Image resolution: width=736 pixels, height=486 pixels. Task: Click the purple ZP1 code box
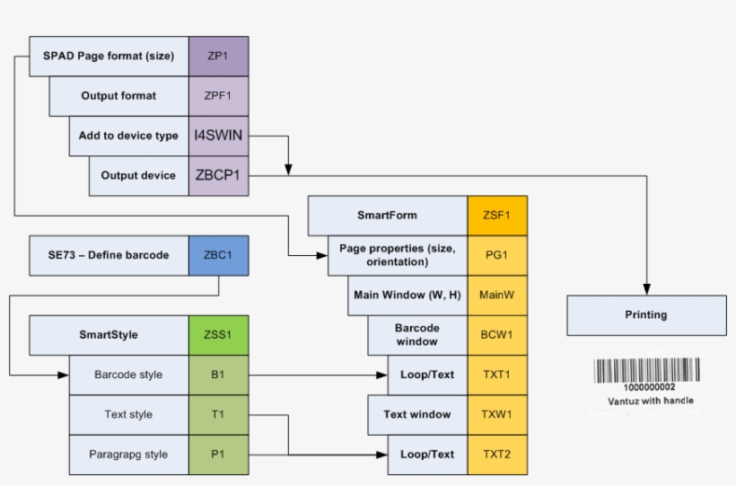(218, 56)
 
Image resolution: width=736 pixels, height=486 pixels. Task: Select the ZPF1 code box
(218, 95)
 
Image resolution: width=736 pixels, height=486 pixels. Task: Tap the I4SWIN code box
(218, 136)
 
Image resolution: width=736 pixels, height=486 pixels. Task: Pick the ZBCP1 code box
(218, 175)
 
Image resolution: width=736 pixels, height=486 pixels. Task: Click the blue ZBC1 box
(218, 255)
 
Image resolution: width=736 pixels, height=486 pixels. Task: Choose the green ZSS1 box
(218, 335)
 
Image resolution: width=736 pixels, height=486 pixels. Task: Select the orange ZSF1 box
(497, 216)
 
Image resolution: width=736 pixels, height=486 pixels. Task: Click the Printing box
(646, 315)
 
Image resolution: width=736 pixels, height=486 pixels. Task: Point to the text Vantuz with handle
(650, 401)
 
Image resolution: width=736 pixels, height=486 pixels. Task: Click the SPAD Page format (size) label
(109, 56)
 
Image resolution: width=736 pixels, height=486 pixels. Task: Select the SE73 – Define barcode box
(109, 255)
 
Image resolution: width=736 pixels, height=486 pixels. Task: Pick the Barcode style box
(128, 375)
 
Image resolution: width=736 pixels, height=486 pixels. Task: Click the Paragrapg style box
(128, 455)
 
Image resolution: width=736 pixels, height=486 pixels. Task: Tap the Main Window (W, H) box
(407, 295)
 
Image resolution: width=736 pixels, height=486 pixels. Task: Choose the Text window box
(417, 415)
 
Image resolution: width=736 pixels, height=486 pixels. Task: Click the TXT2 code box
(497, 455)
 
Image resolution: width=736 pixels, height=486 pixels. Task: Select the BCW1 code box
(497, 335)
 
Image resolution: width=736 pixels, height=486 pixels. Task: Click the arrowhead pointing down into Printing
(646, 289)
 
